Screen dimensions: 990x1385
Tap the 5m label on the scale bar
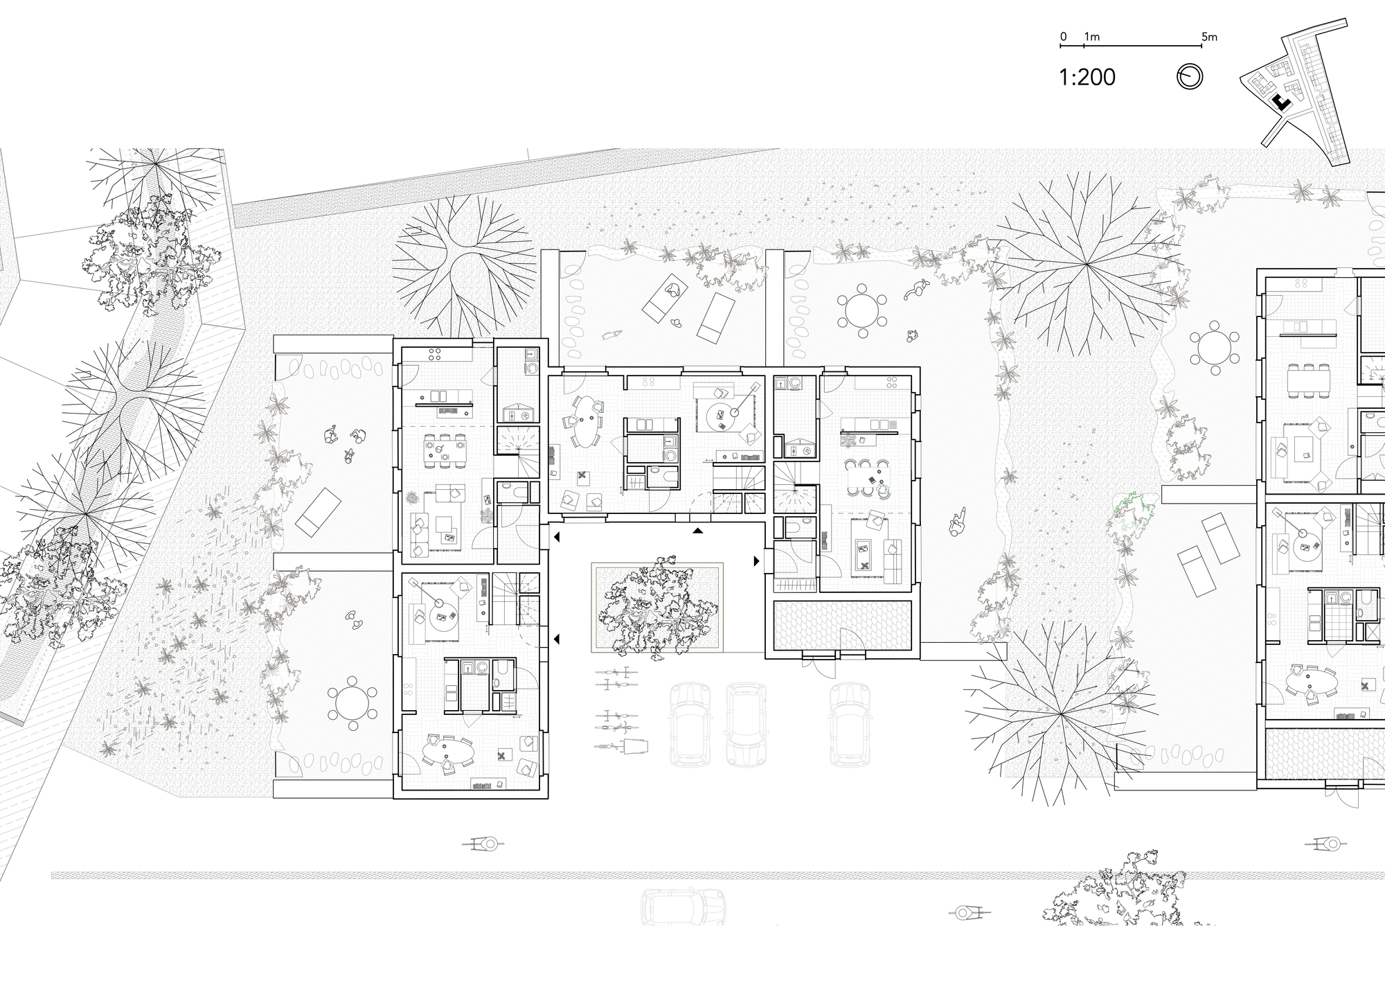pyautogui.click(x=1209, y=37)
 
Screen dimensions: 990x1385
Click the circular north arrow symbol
pyautogui.click(x=1190, y=77)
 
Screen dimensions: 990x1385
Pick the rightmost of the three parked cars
pyautogui.click(x=849, y=723)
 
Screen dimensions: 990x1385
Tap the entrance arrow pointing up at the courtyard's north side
pyautogui.click(x=698, y=531)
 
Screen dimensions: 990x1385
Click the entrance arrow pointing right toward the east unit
pyautogui.click(x=756, y=560)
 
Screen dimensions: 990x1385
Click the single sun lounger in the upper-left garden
pyautogui.click(x=318, y=510)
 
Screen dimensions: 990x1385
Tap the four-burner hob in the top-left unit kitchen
pyautogui.click(x=436, y=354)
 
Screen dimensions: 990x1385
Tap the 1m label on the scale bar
pyautogui.click(x=1092, y=37)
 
